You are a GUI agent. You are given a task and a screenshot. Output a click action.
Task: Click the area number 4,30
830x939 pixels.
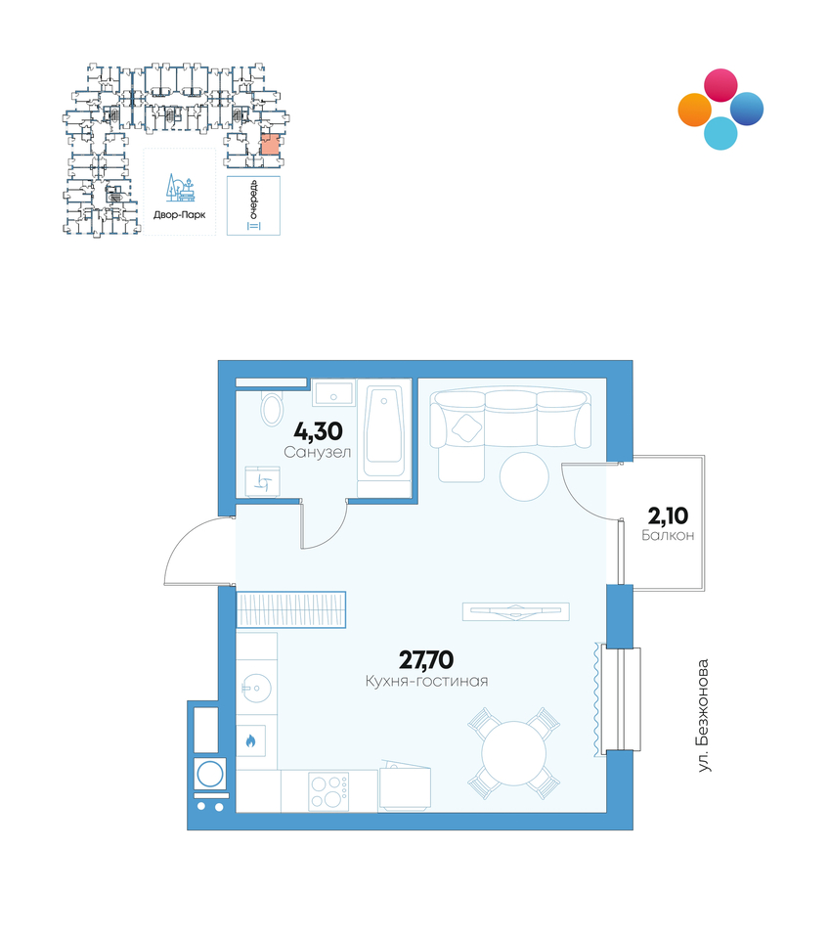[x=318, y=431]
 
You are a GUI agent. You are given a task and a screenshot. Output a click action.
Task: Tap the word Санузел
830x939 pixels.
[x=317, y=452]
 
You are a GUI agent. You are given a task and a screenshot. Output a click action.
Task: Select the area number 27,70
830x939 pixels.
[x=426, y=660]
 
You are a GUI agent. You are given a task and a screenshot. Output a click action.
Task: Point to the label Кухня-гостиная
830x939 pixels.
[x=426, y=681]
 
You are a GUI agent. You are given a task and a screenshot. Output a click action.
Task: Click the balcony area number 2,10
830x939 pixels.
[x=668, y=515]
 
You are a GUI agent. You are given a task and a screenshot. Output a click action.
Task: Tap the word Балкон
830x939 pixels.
[x=668, y=535]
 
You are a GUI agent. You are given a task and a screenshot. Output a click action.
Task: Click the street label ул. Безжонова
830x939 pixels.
[x=704, y=716]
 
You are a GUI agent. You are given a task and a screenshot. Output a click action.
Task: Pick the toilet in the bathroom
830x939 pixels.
[x=273, y=409]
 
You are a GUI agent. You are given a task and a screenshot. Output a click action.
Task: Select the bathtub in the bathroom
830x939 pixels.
[x=384, y=433]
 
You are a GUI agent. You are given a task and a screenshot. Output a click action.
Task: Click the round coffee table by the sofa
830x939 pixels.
[x=524, y=476]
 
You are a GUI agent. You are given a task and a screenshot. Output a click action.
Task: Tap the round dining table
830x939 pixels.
[x=514, y=753]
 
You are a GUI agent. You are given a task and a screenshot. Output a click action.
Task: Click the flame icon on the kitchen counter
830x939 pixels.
[x=250, y=741]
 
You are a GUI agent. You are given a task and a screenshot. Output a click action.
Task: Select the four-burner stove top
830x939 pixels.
[x=328, y=791]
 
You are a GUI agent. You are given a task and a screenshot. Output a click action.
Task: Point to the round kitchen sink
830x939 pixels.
[x=256, y=689]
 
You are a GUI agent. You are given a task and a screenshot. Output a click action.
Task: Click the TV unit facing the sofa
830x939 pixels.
[x=516, y=611]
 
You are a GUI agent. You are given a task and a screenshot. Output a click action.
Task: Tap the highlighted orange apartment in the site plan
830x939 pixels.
[x=270, y=145]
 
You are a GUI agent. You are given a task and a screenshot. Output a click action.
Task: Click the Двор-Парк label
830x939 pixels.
[x=180, y=214]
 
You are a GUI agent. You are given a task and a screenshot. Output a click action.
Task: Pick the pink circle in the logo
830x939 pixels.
[x=721, y=85]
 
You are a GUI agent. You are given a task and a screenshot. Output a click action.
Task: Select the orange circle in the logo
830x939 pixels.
[x=695, y=111]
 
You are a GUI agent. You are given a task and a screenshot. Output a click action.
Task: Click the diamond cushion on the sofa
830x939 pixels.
[x=466, y=427]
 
